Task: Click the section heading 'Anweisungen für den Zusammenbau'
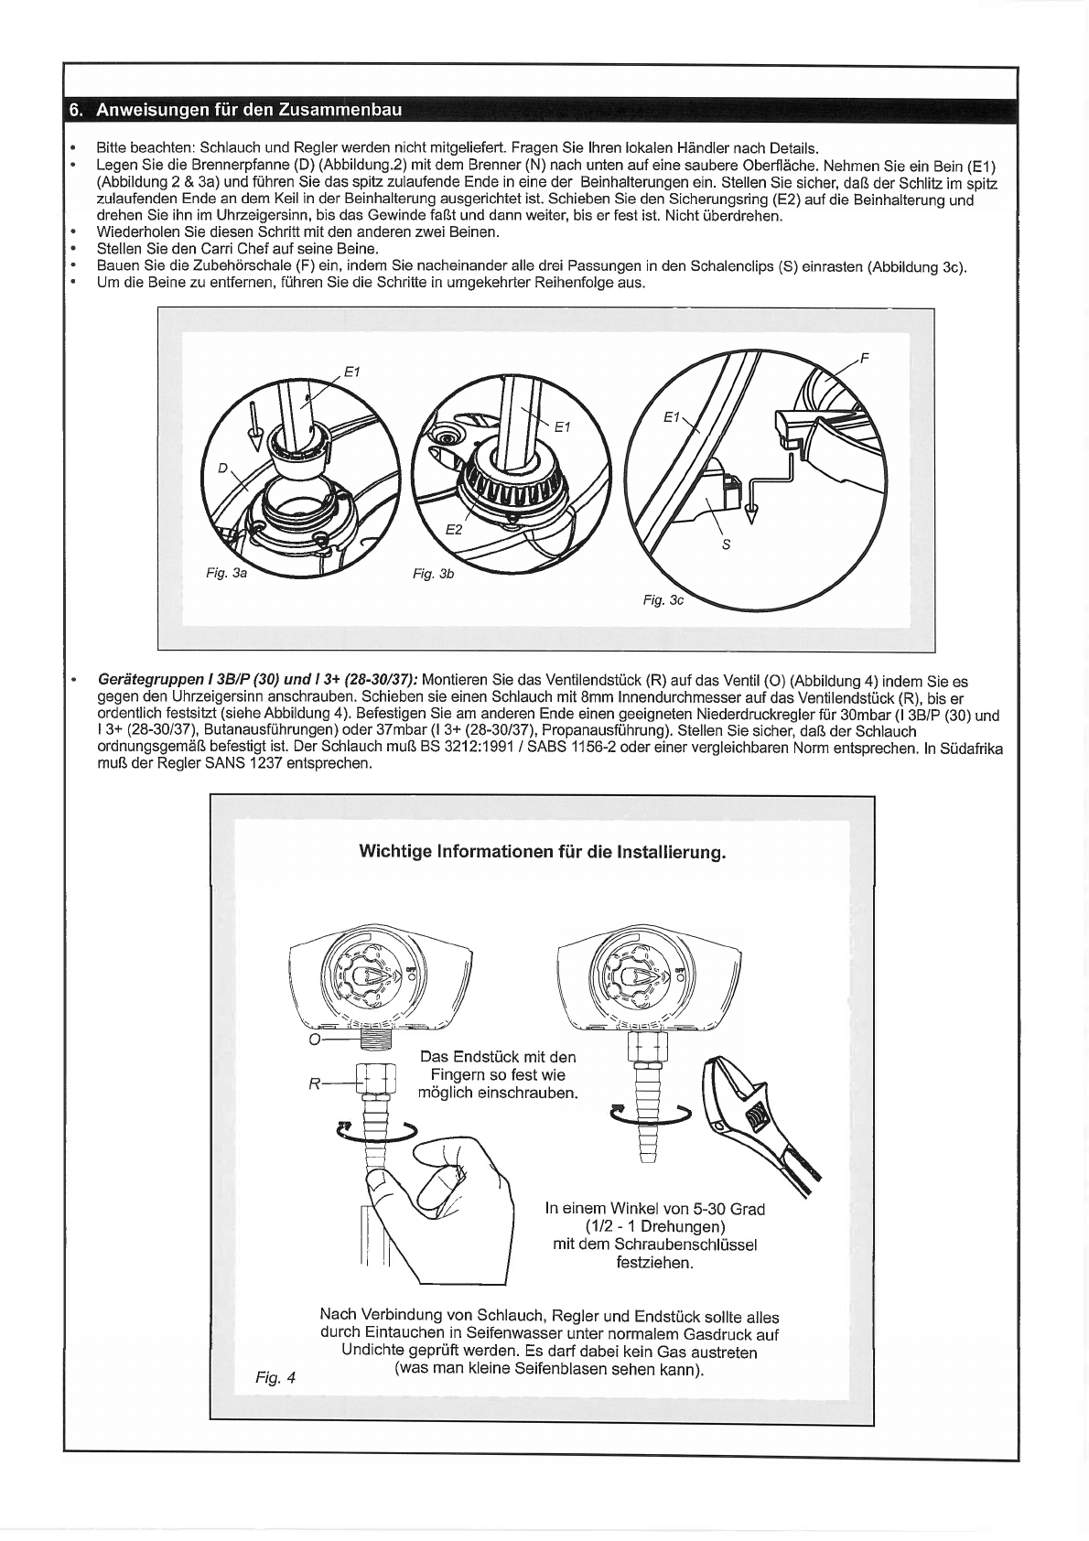pos(249,110)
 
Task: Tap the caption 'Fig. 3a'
pos(226,573)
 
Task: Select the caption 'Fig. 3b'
pos(434,573)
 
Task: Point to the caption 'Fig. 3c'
pos(663,600)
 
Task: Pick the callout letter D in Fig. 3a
pos(222,469)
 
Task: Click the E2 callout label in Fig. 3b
pos(454,529)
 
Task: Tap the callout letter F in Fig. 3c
pos(864,358)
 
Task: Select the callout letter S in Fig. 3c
pos(725,544)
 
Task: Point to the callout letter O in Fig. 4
pos(314,1040)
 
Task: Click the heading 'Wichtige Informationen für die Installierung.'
pos(542,852)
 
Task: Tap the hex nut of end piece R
pos(375,1083)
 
